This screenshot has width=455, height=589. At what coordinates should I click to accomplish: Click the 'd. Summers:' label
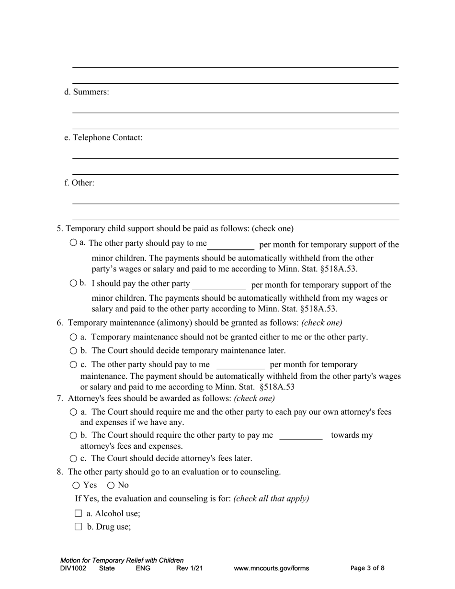point(87,92)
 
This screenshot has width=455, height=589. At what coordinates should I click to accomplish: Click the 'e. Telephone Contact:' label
point(103,137)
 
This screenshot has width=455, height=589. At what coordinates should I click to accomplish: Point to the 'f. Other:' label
point(79,183)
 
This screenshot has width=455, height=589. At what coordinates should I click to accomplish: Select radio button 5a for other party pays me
point(73,243)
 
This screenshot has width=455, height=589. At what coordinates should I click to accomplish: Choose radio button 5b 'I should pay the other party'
point(73,283)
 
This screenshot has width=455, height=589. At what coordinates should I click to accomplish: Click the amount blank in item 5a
point(230,245)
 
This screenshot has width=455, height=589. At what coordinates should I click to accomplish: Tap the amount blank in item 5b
point(219,285)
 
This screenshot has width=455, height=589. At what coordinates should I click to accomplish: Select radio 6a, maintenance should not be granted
point(73,337)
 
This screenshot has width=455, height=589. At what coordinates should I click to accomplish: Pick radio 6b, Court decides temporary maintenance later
point(73,351)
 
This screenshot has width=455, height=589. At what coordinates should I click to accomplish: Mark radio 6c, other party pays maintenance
point(73,364)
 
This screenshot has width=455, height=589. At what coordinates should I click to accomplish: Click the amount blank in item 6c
point(240,365)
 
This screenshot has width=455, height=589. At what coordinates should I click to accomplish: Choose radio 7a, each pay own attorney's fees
point(73,412)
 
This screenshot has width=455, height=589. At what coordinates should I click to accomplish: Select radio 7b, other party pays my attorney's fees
point(73,435)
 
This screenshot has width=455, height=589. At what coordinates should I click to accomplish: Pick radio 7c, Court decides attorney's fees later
point(73,458)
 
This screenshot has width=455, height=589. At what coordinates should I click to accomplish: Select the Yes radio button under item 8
point(77,485)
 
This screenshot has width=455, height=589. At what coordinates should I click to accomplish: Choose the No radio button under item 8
point(111,485)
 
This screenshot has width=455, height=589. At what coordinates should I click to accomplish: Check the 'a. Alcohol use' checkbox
point(79,513)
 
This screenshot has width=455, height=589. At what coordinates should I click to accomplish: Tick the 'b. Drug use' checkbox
point(79,527)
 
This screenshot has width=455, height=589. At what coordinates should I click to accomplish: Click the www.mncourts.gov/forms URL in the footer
point(271,568)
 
